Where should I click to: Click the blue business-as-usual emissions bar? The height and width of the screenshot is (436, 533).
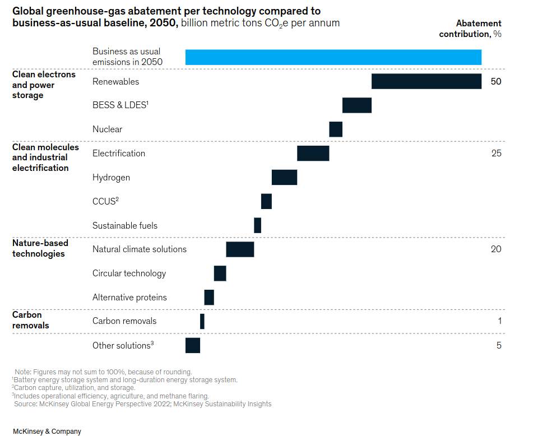tap(333, 57)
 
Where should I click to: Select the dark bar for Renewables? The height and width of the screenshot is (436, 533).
tap(426, 81)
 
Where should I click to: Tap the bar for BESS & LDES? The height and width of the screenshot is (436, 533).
tap(356, 105)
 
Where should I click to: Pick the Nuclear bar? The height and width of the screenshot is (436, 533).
tap(335, 129)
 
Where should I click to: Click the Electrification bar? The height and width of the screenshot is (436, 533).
tap(313, 154)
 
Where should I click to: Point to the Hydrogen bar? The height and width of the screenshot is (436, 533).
tap(284, 178)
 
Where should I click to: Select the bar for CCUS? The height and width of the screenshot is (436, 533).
tap(266, 202)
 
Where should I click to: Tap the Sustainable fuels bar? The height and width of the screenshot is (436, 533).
tap(257, 225)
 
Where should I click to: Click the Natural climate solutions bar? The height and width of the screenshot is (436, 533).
tap(240, 249)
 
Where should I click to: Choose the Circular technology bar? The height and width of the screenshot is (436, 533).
tap(220, 273)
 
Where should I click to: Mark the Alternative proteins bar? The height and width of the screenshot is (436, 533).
tap(209, 298)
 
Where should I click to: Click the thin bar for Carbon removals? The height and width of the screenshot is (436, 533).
tap(202, 321)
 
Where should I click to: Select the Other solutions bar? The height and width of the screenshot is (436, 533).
tap(192, 345)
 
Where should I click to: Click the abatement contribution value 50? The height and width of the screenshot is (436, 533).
tap(495, 81)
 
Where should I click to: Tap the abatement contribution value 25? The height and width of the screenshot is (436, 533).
tap(495, 154)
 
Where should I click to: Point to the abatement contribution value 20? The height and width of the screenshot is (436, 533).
tap(495, 249)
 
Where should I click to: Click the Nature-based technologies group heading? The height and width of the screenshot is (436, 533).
tap(40, 248)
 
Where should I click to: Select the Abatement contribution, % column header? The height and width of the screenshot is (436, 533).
tap(470, 29)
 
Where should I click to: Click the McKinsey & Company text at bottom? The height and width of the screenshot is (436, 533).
tap(47, 432)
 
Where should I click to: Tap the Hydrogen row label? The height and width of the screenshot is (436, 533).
tap(111, 178)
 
